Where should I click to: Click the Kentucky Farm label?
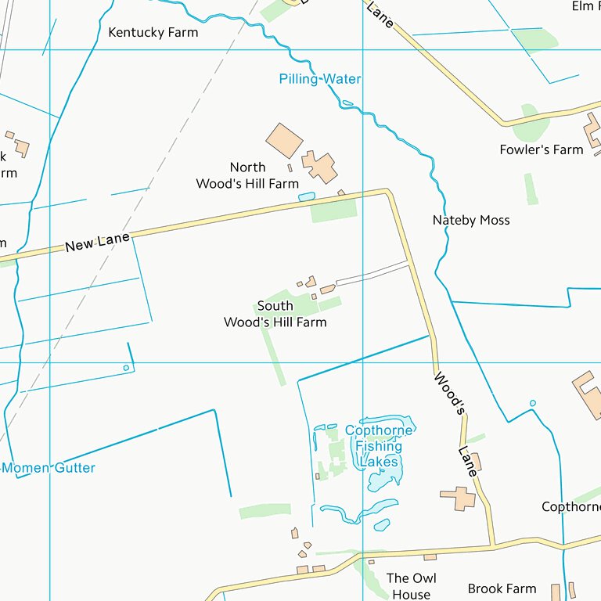[153, 33]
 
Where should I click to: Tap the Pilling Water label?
[320, 79]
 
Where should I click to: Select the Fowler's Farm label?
[542, 149]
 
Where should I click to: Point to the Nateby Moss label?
[471, 221]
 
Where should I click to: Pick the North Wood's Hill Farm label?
[247, 176]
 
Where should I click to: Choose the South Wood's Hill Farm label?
[275, 314]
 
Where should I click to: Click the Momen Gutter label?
[49, 468]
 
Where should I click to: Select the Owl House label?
[411, 586]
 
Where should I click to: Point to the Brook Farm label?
[502, 588]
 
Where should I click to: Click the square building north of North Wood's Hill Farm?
[284, 140]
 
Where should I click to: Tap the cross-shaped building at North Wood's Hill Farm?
[319, 167]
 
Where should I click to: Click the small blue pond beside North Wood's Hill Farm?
[306, 196]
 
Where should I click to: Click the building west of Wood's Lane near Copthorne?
[458, 498]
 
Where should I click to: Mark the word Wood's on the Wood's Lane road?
[450, 392]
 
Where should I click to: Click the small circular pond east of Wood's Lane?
[533, 404]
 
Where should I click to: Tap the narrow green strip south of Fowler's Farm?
[531, 189]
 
